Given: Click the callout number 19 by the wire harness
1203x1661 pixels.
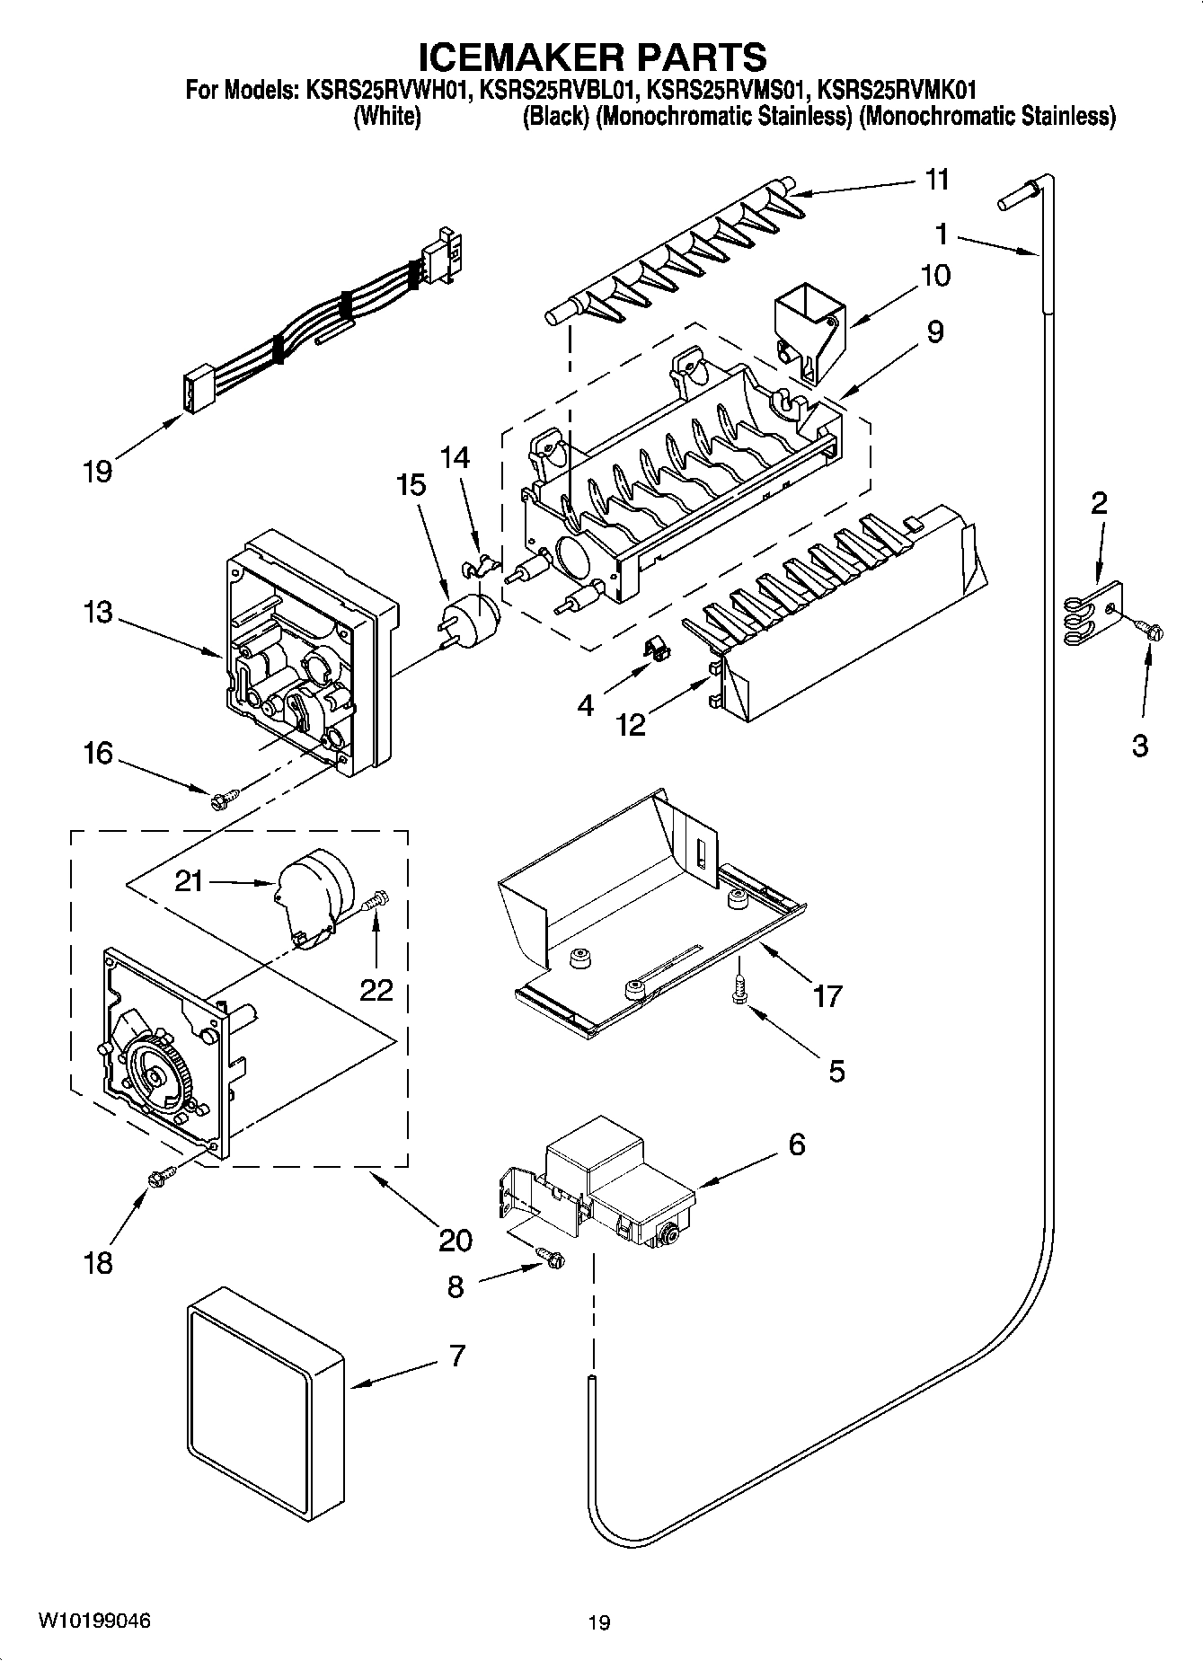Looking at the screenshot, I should click(97, 471).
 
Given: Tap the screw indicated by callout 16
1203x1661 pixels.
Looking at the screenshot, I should click(224, 796).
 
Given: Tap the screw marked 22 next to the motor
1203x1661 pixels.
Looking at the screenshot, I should click(376, 900).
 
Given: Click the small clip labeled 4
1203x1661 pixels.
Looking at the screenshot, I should click(657, 648).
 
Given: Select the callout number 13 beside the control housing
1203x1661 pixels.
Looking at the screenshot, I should click(98, 613).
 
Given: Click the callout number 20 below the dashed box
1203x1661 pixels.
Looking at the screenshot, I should click(455, 1240).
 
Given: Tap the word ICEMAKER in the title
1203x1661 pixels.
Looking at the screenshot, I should click(516, 57).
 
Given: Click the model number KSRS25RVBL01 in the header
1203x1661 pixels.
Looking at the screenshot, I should click(560, 90).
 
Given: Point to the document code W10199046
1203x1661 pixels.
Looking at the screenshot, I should click(94, 1621).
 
